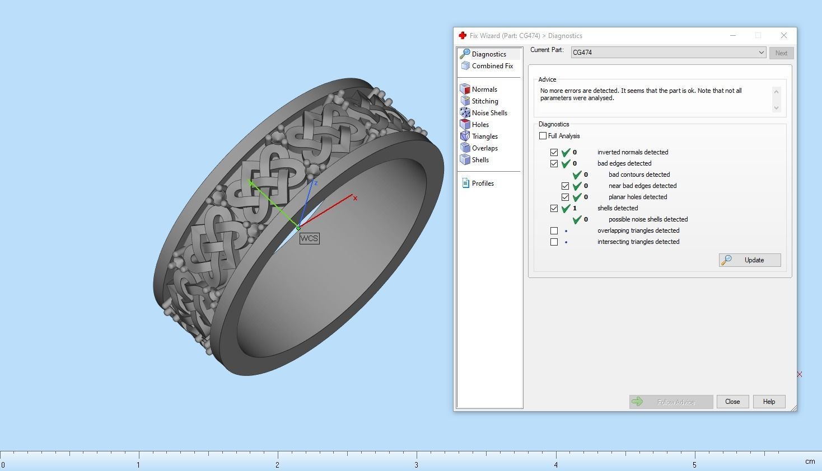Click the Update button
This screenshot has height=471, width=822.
750,260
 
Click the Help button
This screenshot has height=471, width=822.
769,402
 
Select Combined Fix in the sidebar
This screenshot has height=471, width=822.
492,66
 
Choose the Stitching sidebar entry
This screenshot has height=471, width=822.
484,101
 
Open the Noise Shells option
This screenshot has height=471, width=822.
489,113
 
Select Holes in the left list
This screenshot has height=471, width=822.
480,125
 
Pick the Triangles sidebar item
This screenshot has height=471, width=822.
484,136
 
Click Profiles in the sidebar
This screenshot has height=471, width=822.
482,183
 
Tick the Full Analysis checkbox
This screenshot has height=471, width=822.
543,136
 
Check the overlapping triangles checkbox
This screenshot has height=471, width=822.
554,230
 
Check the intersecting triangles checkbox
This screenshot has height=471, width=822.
554,242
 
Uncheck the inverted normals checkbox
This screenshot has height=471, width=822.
554,152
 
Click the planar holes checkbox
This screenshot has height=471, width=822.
565,197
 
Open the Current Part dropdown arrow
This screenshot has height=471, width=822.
761,53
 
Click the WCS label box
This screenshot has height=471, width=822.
309,238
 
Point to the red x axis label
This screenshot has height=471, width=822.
355,198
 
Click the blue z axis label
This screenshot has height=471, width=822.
316,183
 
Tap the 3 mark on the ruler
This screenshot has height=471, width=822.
416,464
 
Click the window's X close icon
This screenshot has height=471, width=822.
783,35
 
